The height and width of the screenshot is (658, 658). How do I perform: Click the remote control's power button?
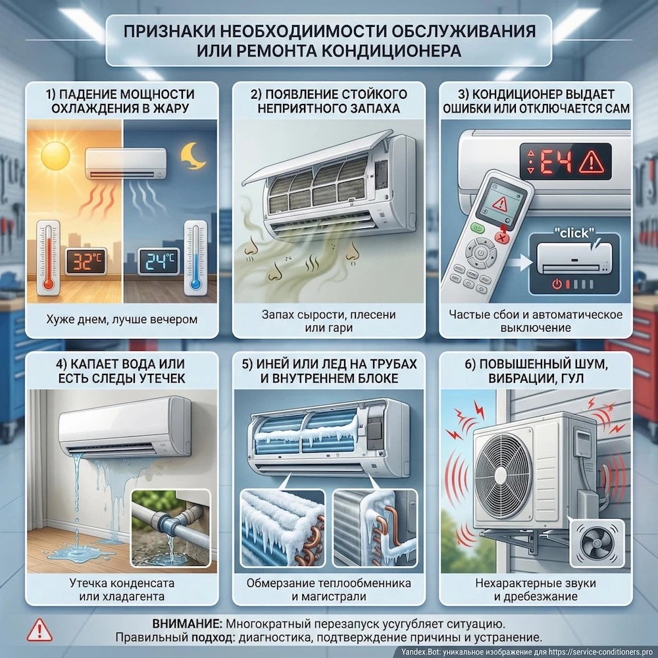click(x=482, y=252)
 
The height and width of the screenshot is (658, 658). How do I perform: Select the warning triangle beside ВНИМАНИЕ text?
click(x=39, y=630)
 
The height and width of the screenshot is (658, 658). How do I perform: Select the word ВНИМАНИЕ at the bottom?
click(x=186, y=623)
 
